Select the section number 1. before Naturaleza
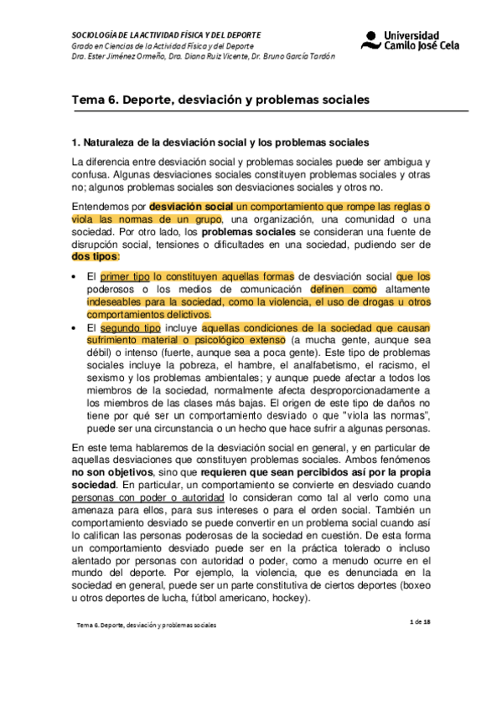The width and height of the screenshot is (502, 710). click(x=75, y=143)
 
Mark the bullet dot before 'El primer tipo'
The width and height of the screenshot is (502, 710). click(x=75, y=275)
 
